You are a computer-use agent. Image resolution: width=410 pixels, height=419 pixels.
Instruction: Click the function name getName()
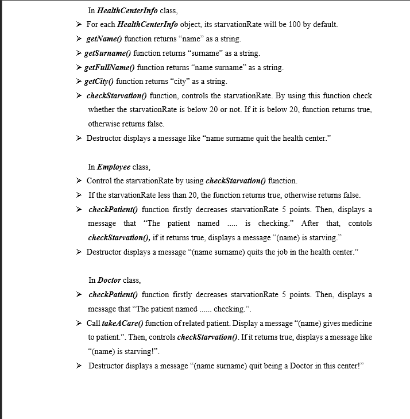pos(104,39)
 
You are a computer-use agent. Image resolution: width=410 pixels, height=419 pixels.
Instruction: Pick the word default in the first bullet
pos(324,25)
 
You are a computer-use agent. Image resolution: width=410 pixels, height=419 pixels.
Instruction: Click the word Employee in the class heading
pos(113,167)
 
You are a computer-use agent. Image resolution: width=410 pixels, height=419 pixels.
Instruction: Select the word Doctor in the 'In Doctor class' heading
pos(109,280)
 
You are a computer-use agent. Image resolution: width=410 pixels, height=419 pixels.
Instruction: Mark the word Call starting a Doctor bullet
pos(94,322)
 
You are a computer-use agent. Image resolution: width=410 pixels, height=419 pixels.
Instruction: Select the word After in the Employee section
pos(311,224)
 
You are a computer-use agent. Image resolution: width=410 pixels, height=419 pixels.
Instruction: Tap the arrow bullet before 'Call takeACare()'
pos(79,323)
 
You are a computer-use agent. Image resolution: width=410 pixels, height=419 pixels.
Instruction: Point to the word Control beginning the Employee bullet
pos(99,181)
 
